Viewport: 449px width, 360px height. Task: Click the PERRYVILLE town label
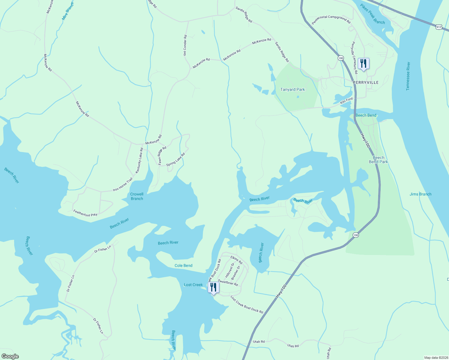point(366,82)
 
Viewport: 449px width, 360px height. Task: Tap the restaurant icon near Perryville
point(363,64)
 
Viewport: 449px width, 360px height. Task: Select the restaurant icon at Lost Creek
point(213,288)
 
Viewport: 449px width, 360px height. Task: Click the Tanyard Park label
point(292,89)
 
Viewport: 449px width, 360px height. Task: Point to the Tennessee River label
point(408,76)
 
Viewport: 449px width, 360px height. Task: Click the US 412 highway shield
point(439,27)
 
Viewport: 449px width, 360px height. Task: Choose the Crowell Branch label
point(137,196)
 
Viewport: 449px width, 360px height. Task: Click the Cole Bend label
point(183,265)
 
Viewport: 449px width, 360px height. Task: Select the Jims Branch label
point(420,194)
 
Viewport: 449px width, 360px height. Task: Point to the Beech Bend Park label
point(378,160)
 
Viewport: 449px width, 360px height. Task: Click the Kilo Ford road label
point(346,101)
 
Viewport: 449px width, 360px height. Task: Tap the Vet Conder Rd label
point(185,45)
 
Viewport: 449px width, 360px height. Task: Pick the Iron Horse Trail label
point(122,185)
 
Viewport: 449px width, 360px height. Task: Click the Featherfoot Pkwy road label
point(85,213)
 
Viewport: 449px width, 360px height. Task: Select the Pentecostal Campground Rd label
point(331,20)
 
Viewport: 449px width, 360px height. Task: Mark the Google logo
point(10,356)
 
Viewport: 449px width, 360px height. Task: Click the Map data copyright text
point(436,358)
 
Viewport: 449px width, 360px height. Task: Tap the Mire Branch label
point(68,11)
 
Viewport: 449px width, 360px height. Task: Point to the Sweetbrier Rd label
point(228,282)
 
